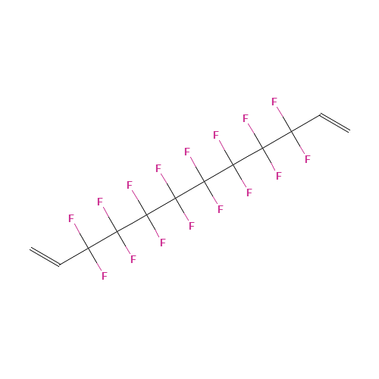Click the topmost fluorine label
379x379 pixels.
coord(274,102)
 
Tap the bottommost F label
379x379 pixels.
coord(104,275)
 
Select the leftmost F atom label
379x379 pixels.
coord(71,218)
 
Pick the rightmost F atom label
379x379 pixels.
coord(307,159)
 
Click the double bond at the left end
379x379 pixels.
coord(45,257)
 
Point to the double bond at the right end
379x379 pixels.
coord(335,123)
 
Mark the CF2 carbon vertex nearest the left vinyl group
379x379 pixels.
coord(88,248)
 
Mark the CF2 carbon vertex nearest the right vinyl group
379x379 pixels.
coord(291,131)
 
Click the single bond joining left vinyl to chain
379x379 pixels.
coord(74,256)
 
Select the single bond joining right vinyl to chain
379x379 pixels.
coord(305,123)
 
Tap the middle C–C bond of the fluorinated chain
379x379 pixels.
coord(189,189)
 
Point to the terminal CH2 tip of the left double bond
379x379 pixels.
coord(30,249)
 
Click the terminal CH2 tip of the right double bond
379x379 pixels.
coord(349,130)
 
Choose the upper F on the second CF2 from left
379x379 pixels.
coord(100,202)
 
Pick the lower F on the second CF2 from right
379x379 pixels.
coord(278,176)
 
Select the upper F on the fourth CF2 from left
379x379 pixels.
coord(158,168)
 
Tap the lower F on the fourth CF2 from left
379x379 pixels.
coord(192,226)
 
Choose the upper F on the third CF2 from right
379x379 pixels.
coord(216,135)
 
